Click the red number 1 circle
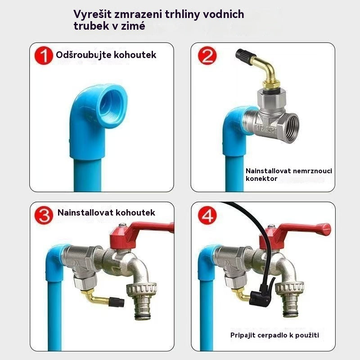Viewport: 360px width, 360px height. (x=44, y=57)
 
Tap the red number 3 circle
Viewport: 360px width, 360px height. (x=44, y=215)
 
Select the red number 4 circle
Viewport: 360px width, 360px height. (x=207, y=215)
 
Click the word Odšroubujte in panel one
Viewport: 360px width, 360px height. (x=79, y=55)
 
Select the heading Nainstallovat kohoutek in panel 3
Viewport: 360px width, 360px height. (x=106, y=212)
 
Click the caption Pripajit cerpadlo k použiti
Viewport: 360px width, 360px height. (x=277, y=335)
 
